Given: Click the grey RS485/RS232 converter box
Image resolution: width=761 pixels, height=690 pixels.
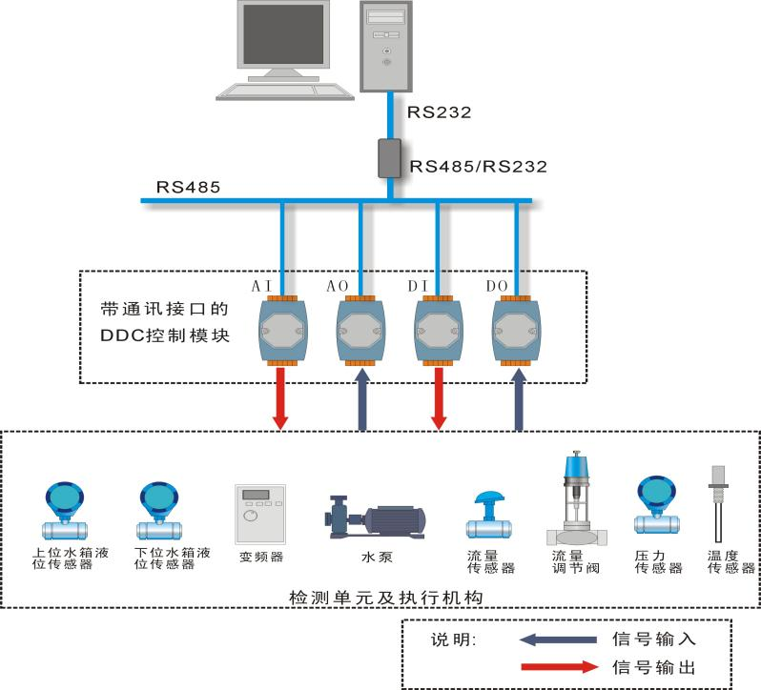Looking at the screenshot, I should tap(390, 158).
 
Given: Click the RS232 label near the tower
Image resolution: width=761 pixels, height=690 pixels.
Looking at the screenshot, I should tap(439, 112).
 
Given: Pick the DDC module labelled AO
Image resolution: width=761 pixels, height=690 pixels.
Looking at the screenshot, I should tap(360, 330).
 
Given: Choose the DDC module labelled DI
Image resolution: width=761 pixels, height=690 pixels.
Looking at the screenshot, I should tap(439, 330).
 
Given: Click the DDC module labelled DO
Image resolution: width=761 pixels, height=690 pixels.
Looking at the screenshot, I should tap(517, 330).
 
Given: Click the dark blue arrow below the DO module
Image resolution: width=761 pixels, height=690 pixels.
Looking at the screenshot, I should tap(519, 400).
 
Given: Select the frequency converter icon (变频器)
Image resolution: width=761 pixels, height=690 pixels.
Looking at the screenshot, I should tap(259, 514).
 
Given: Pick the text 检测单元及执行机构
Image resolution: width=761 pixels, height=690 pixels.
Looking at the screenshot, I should tap(381, 597).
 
